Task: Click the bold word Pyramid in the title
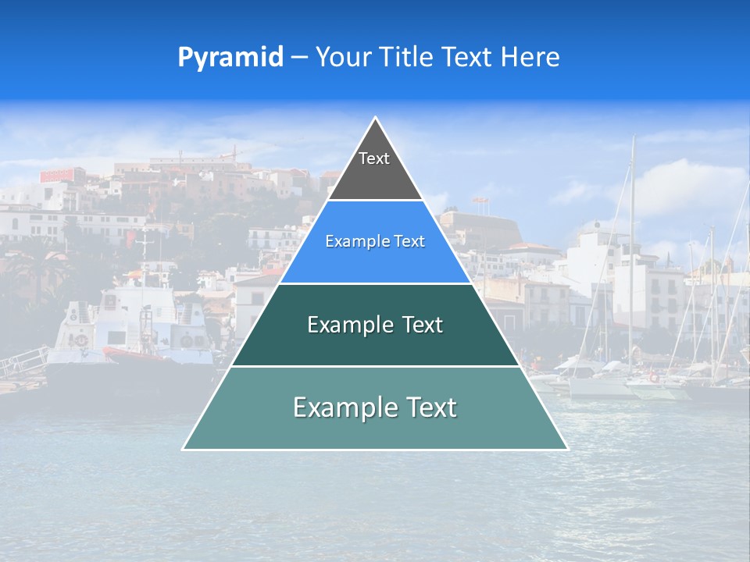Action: [x=230, y=57]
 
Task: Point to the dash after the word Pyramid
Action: [x=299, y=58]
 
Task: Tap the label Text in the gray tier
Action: [x=374, y=158]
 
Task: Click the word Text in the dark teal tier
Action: [x=423, y=325]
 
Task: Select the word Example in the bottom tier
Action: [x=343, y=407]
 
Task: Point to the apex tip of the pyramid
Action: [x=375, y=119]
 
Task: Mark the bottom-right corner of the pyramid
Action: [x=566, y=449]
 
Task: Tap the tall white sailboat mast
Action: [x=631, y=234]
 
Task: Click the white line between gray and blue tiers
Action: [x=375, y=201]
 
